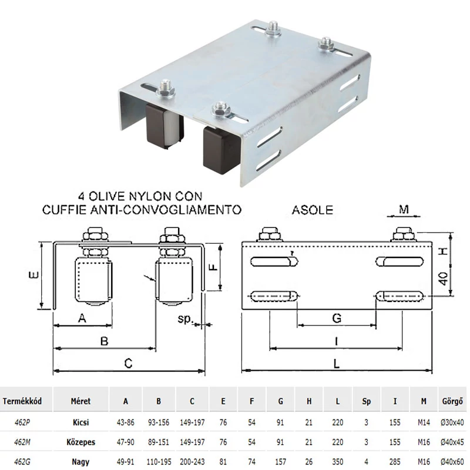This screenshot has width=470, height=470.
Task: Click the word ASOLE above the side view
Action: coord(313,210)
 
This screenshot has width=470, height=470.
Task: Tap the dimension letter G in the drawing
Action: coord(337,318)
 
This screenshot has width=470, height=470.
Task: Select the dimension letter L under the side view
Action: coord(337,364)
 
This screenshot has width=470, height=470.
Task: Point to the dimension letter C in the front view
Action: coord(128,363)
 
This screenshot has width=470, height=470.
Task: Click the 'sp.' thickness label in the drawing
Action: coord(184,318)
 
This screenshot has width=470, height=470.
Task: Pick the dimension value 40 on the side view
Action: coord(444,278)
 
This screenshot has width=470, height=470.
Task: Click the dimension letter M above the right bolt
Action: coord(404,209)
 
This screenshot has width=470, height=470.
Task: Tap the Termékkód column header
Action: coord(22,401)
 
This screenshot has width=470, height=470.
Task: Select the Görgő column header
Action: coord(452,401)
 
